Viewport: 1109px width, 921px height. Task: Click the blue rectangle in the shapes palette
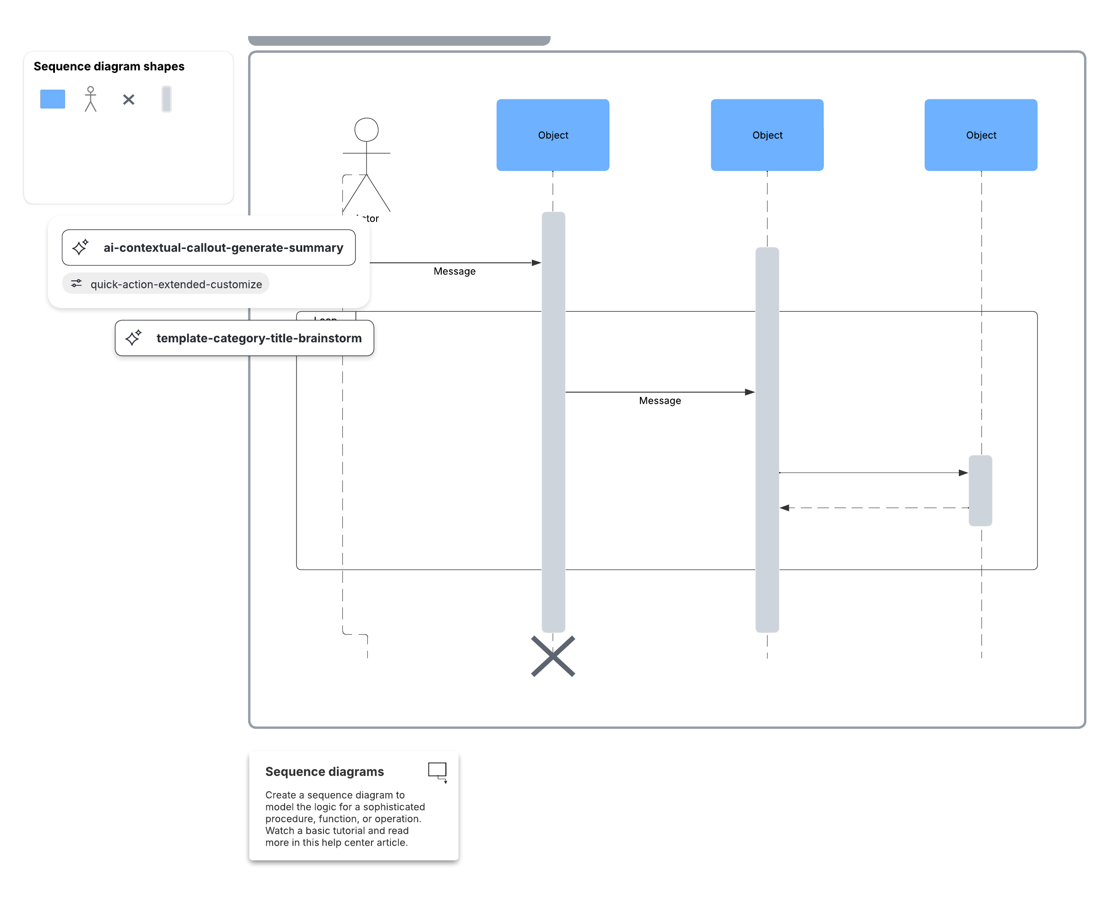[x=52, y=99]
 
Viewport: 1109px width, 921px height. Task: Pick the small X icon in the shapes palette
[x=128, y=99]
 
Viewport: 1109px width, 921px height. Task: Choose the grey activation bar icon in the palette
[x=166, y=99]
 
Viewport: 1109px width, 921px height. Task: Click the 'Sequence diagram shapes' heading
[x=109, y=66]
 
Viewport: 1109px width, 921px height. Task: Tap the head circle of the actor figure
[x=366, y=129]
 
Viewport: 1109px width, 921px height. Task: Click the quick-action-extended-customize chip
[x=166, y=284]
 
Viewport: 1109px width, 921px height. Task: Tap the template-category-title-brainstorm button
[x=244, y=338]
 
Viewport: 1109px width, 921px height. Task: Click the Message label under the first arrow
[x=454, y=271]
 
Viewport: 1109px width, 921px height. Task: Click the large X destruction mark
[x=553, y=656]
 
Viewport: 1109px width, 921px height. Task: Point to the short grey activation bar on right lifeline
[x=980, y=491]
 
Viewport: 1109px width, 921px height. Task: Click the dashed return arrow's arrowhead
[x=785, y=508]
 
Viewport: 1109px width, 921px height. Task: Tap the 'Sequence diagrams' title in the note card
[x=324, y=772]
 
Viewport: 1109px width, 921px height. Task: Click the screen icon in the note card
[x=437, y=771]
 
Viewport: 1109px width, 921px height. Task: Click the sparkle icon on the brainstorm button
[x=133, y=338]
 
